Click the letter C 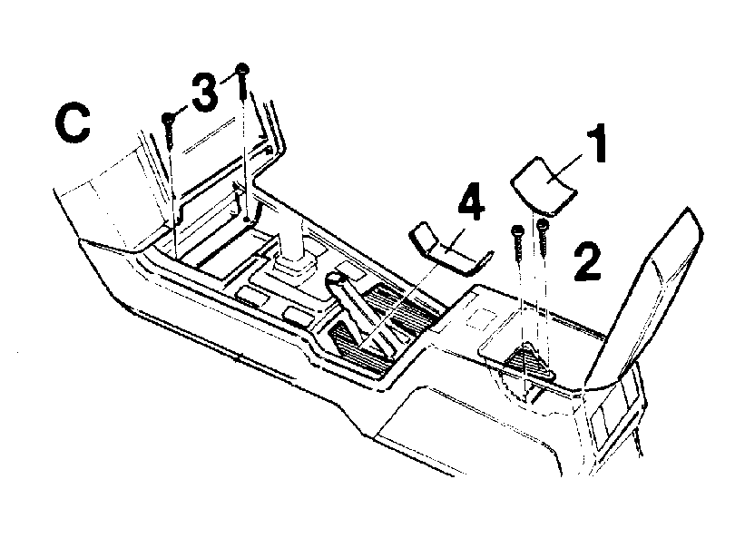pos(73,123)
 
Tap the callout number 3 pos(205,93)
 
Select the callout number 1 pos(595,143)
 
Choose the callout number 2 pos(588,261)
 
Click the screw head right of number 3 pos(242,68)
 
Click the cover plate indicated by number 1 pos(544,184)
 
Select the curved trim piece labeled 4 pos(449,249)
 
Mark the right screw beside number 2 pos(543,237)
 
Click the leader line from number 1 pos(564,168)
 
